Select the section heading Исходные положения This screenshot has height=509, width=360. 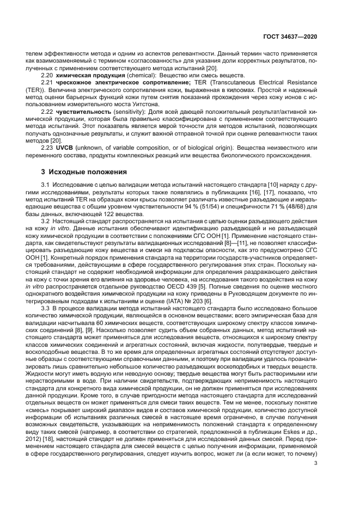(x=84, y=172)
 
